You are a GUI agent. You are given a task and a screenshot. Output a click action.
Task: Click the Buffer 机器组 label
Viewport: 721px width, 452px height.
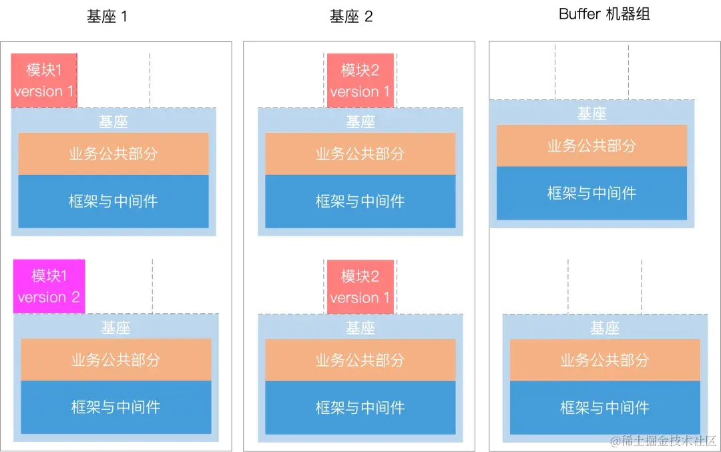[605, 14]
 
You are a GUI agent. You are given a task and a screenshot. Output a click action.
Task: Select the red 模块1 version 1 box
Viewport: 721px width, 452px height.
[44, 80]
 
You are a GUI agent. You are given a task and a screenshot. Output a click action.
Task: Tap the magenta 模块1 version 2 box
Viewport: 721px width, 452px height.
[49, 286]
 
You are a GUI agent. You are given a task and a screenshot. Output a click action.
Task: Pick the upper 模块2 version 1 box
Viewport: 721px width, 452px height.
[360, 80]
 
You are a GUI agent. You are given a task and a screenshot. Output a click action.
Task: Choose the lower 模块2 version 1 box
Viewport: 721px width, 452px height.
[360, 286]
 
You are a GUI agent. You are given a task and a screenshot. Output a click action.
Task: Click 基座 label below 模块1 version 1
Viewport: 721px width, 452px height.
[113, 122]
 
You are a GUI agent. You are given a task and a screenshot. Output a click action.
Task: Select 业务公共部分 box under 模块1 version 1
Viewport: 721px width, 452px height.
[113, 154]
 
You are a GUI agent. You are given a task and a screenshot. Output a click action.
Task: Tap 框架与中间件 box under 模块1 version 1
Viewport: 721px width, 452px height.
[113, 201]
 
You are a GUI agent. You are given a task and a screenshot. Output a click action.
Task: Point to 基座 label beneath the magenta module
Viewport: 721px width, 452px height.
[115, 328]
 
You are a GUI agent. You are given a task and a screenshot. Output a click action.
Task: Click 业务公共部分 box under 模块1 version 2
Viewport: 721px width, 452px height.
[115, 360]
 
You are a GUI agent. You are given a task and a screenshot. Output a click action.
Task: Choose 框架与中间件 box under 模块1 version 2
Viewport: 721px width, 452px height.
[115, 407]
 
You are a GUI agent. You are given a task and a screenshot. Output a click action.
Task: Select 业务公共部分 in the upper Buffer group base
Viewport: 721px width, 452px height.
[591, 146]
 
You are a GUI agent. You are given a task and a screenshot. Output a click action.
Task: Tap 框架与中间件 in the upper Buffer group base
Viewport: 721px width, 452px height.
[591, 193]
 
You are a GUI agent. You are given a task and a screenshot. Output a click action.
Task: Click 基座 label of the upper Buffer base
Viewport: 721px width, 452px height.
[591, 114]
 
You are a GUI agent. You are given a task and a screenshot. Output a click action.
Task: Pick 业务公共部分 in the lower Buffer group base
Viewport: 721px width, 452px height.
[605, 360]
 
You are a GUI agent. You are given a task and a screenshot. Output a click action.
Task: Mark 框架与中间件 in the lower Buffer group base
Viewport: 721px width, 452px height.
[605, 407]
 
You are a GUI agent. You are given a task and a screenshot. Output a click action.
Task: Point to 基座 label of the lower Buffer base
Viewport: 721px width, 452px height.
[605, 328]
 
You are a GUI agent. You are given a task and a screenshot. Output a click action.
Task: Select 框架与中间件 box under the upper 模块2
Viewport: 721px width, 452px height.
[360, 201]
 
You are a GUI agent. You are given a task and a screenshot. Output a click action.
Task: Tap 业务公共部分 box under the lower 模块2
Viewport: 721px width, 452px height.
[360, 360]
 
